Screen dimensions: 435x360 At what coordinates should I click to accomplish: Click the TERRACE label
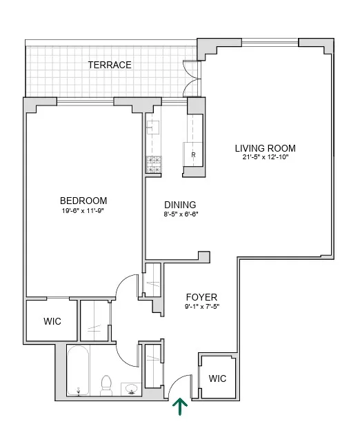pos(110,65)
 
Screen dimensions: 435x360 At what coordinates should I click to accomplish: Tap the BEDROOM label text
pos(83,201)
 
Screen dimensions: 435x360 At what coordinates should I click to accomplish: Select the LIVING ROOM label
pos(265,148)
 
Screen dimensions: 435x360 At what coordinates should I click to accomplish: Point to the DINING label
pos(180,205)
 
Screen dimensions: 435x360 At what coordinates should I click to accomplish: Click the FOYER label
pos(201,297)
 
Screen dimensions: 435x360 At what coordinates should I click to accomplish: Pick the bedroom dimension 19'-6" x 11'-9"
pos(83,210)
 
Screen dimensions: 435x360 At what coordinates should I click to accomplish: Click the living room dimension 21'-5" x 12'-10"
pos(265,158)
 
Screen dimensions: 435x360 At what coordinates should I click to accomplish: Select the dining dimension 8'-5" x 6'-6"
pos(180,214)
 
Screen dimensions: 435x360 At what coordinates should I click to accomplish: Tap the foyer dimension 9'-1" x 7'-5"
pos(201,307)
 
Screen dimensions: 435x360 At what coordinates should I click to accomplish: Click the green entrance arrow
pos(181,407)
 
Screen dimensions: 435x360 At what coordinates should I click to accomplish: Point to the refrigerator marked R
pos(192,155)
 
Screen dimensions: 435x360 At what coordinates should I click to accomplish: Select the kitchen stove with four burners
pos(152,164)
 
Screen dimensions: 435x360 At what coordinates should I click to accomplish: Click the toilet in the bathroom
pos(107,385)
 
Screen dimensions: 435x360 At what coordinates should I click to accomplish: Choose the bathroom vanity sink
pos(131,390)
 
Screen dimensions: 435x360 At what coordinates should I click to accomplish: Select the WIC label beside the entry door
pos(217,378)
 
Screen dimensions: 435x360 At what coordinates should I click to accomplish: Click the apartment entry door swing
pos(179,385)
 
